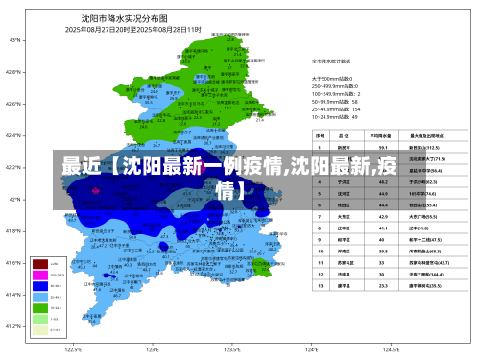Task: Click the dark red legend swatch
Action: [40, 262]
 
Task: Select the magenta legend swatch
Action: [40, 273]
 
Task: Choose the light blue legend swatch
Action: [40, 296]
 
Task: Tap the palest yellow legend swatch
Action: [40, 329]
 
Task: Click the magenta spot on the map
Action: [94, 190]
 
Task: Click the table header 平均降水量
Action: [383, 136]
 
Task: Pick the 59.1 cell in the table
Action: [383, 148]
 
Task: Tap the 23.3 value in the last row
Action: [383, 285]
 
